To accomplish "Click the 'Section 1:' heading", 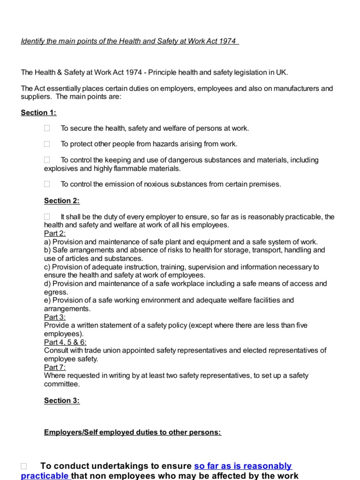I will click(x=38, y=112).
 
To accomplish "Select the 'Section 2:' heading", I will click(x=62, y=201).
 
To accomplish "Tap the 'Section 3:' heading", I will click(x=62, y=400).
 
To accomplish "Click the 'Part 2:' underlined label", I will click(x=55, y=233).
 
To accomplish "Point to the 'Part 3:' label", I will click(x=55, y=317).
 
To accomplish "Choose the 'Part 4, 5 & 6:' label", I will click(x=65, y=342).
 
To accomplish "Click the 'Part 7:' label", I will click(x=55, y=367).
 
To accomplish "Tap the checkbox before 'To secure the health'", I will click(x=47, y=128).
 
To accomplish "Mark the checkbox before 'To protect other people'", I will click(x=47, y=144).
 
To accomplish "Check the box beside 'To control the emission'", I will click(x=47, y=185).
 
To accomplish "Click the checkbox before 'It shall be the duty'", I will click(x=47, y=217).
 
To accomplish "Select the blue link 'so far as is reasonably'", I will click(x=243, y=466).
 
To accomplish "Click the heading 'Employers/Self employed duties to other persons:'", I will click(x=133, y=432).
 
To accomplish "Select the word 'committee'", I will click(x=61, y=384).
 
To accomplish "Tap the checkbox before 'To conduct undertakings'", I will click(x=24, y=466).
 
